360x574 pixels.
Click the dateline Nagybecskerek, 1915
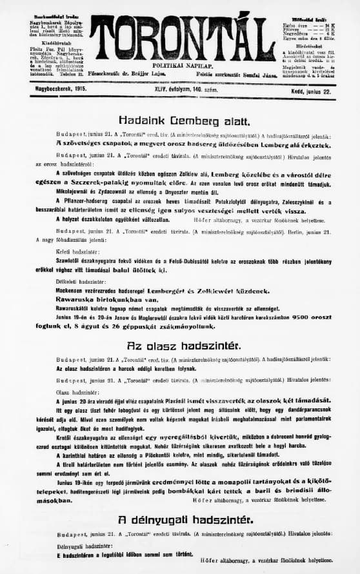pyautogui.click(x=52, y=93)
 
